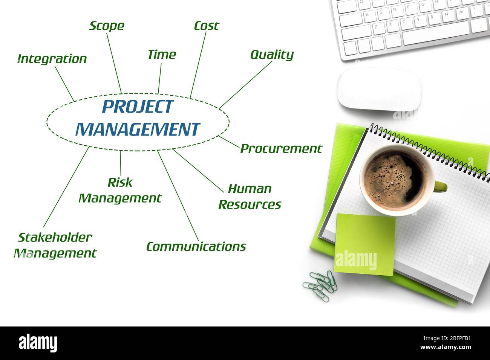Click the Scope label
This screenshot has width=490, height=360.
[x=107, y=26]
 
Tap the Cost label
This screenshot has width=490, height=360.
[x=206, y=26]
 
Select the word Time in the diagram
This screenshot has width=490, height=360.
[x=162, y=55]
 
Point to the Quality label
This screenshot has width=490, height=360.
[x=272, y=55]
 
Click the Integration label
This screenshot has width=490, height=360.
[x=52, y=59]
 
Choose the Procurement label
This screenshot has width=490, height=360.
[x=281, y=149]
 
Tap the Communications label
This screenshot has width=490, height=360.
[x=196, y=247]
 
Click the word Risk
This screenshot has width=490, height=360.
[x=120, y=182]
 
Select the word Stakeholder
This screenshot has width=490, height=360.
[x=55, y=237]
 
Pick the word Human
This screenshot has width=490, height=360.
[x=250, y=189]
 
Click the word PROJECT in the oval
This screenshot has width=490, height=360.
[x=138, y=107]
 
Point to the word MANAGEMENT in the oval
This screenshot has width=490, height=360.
[x=138, y=130]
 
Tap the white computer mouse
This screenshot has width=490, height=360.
[x=379, y=90]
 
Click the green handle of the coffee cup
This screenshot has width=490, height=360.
[x=441, y=186]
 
